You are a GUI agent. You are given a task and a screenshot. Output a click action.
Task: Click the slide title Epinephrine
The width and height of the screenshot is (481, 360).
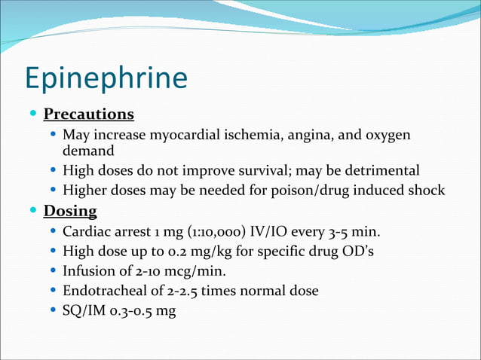point(106,78)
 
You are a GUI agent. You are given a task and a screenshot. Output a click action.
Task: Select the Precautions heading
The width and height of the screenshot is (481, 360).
point(89,114)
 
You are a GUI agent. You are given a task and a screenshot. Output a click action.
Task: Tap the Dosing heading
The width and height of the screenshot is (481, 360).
point(70,211)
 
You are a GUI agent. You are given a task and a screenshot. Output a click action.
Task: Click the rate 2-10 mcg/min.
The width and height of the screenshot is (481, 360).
point(178,270)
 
